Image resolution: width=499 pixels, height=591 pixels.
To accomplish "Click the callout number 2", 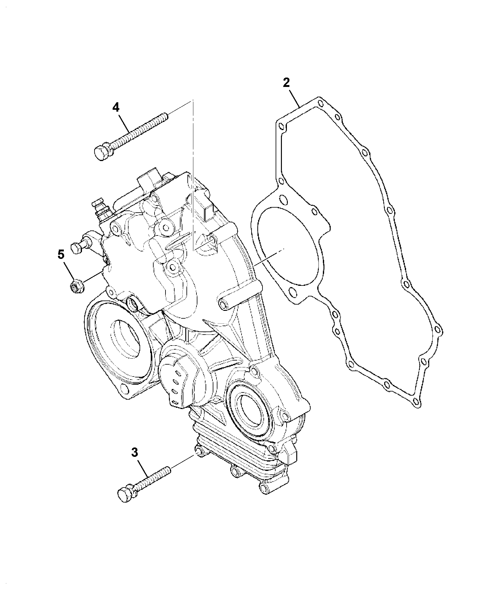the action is point(286,83).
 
